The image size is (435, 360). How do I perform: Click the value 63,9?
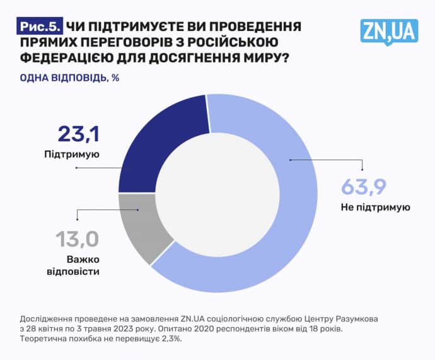[363, 187]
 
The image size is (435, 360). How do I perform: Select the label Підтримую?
[72, 154]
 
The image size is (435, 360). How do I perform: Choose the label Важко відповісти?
[83, 265]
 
